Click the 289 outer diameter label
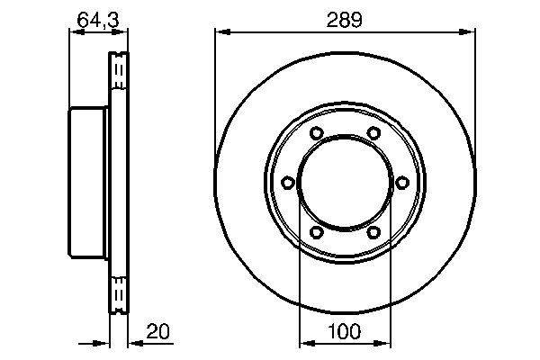[344, 20]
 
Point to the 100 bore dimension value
[344, 331]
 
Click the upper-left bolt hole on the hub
[316, 134]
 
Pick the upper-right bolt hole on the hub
[373, 134]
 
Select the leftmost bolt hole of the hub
[287, 183]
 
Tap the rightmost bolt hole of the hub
[401, 183]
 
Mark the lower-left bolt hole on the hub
[316, 232]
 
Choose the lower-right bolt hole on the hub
[373, 232]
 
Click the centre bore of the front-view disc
[344, 183]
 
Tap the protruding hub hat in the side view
[88, 183]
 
